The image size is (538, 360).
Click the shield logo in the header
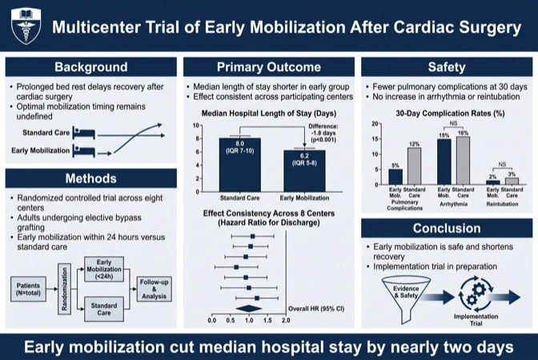pos(26,26)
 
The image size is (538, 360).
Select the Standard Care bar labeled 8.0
pos(240,165)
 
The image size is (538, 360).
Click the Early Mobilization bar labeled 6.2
pos(304,170)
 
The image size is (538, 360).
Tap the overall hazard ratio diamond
pos(249,309)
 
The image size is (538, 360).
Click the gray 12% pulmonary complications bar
pos(414,166)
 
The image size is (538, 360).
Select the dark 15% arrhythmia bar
pos(444,162)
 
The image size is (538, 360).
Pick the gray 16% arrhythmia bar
pos(464,161)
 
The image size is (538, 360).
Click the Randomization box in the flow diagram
pos(64,289)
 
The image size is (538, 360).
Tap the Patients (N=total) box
pos(28,289)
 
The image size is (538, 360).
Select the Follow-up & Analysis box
pos(154,289)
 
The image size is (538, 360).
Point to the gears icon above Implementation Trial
pos(476,294)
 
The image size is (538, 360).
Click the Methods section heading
pos(91,178)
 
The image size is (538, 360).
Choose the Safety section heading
pos(447,67)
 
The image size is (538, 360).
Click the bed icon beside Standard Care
pos(84,133)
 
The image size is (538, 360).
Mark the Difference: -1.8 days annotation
pos(323,133)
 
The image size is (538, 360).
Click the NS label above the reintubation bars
pos(502,165)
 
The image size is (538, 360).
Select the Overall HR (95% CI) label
pos(316,309)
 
